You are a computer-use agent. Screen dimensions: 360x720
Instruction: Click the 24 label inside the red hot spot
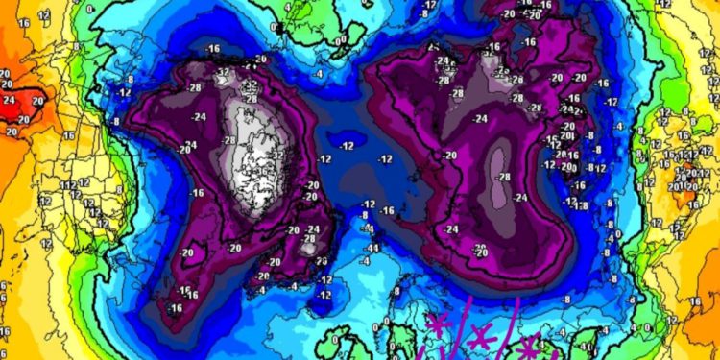[10, 98]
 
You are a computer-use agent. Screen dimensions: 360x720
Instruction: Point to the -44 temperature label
[372, 249]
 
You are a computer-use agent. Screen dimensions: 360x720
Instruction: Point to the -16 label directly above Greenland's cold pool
[212, 47]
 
